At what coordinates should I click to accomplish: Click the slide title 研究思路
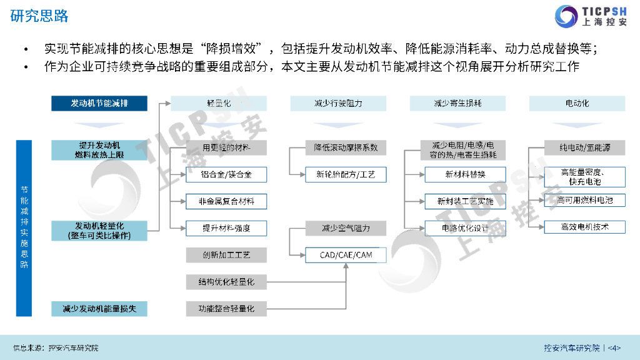pos(40,16)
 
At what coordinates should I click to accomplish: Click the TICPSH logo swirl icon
pos(567,16)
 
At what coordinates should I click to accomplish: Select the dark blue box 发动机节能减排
pos(99,103)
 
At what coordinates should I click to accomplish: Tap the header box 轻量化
pos(219,103)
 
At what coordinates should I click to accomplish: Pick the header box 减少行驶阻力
pos(337,103)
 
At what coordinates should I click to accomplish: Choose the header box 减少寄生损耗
pos(457,103)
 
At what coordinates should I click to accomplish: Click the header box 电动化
pos(577,103)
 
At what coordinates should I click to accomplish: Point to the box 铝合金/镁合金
pos(226,174)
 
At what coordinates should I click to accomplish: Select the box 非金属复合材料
pos(226,201)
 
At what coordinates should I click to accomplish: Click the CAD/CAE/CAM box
pos(345,255)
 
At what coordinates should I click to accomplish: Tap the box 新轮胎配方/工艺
pos(346,174)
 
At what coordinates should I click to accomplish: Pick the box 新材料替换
pos(465,174)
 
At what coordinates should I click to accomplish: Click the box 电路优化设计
pos(465,228)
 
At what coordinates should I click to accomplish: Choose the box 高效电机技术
pos(584,227)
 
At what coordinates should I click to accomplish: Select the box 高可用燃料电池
pos(584,201)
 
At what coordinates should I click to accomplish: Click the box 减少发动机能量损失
pos(99,308)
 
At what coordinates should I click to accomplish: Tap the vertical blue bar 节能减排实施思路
pos(24,227)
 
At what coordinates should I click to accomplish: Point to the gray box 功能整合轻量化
pos(226,308)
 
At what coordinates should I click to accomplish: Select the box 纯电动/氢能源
pos(584,148)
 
